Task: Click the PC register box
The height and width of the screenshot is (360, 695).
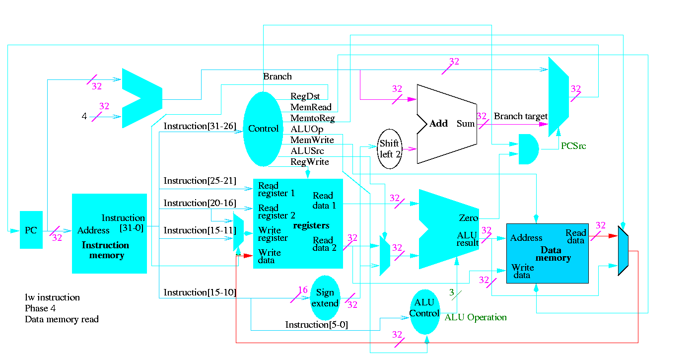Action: pos(31,230)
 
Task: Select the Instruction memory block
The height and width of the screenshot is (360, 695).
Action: pos(109,233)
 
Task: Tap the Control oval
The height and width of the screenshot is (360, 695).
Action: pos(263,129)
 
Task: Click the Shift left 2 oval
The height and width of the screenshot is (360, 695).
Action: pos(390,149)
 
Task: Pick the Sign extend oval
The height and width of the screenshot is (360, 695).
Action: pos(325,298)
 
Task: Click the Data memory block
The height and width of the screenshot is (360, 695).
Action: pos(547,253)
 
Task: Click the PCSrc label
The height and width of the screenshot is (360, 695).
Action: pos(573,146)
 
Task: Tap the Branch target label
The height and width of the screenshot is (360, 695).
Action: pos(520,116)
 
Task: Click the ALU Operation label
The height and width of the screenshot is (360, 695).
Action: pos(476,317)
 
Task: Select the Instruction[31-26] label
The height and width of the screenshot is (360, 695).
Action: pos(200,126)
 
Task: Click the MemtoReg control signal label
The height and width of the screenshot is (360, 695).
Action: pos(313,119)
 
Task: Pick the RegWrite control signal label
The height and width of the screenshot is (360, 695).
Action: pos(310,162)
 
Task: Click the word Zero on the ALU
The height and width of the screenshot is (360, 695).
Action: pos(469,218)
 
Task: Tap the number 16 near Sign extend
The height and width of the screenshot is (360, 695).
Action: pos(303,290)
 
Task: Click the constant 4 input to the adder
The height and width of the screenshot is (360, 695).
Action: pos(84,117)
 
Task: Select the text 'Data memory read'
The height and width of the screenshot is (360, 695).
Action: pos(62,319)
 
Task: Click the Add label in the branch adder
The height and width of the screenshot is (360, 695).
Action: pos(438,124)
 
